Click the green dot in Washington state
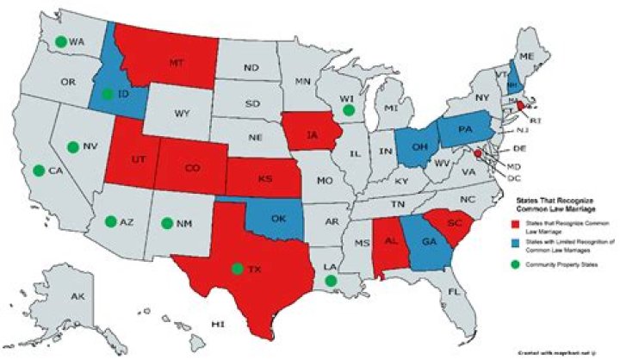60,40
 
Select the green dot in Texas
237,269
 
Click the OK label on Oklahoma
278,218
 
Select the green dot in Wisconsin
348,109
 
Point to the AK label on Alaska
77,297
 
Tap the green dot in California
38,171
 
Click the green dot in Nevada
73,146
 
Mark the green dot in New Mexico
166,223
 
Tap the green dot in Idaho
106,94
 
